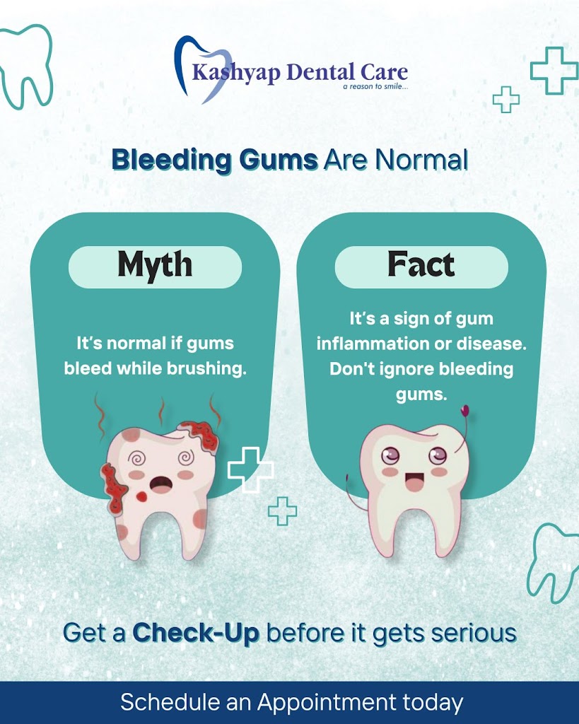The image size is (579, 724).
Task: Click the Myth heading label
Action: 155,265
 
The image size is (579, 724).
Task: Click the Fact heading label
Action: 421,264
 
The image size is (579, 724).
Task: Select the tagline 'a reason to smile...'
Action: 375,86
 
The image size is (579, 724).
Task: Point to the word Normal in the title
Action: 421,160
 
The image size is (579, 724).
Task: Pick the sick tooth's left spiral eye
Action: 136,459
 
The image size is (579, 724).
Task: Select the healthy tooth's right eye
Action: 437,456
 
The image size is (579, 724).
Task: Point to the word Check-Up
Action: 196,633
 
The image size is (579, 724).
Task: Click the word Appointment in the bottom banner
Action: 327,703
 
